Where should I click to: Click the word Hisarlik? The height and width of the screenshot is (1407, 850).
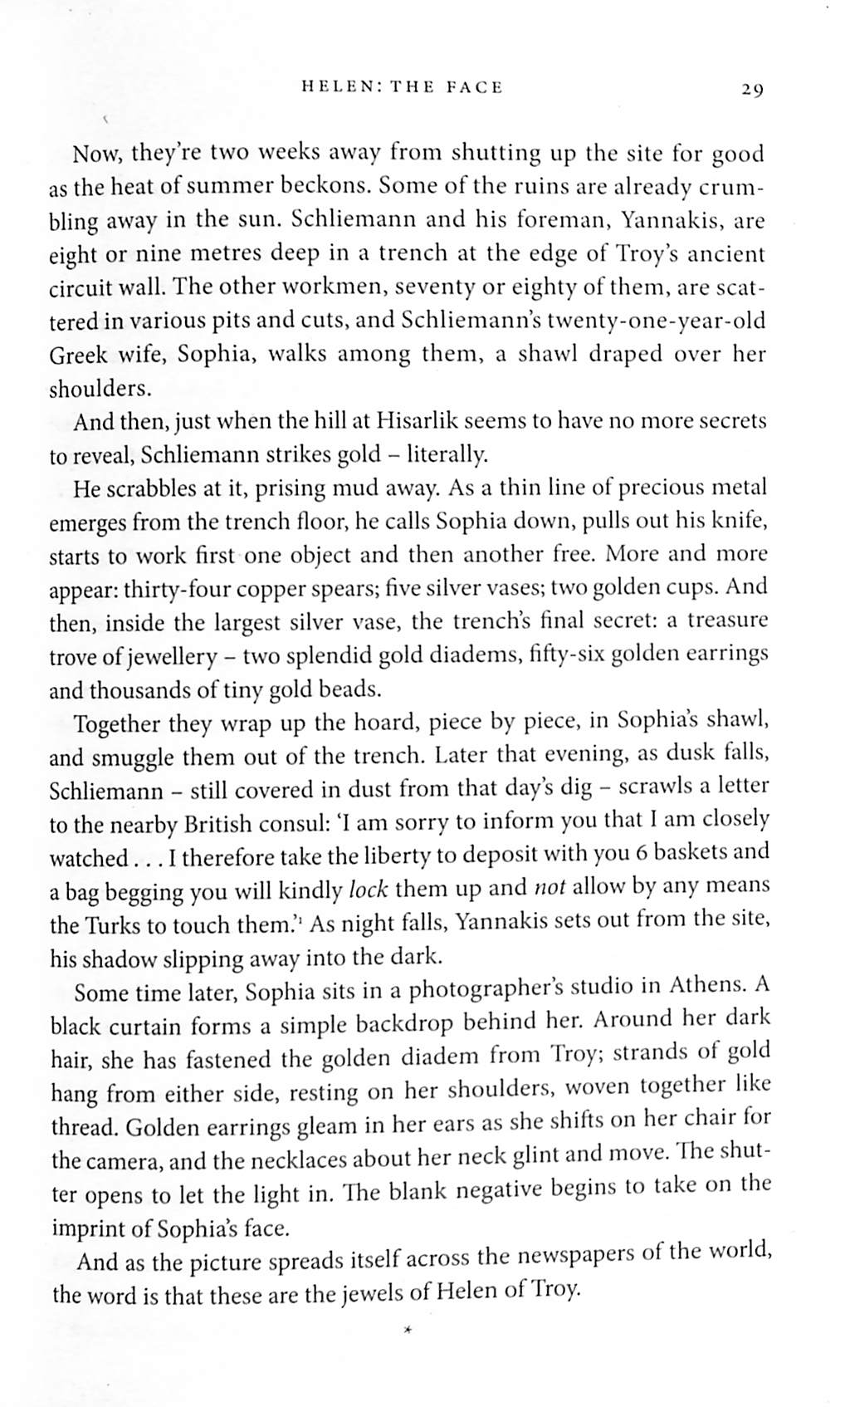(414, 420)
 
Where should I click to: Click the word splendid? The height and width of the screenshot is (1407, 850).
(328, 655)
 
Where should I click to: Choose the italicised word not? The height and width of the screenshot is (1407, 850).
(549, 887)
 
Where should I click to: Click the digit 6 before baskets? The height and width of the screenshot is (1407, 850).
(619, 853)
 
